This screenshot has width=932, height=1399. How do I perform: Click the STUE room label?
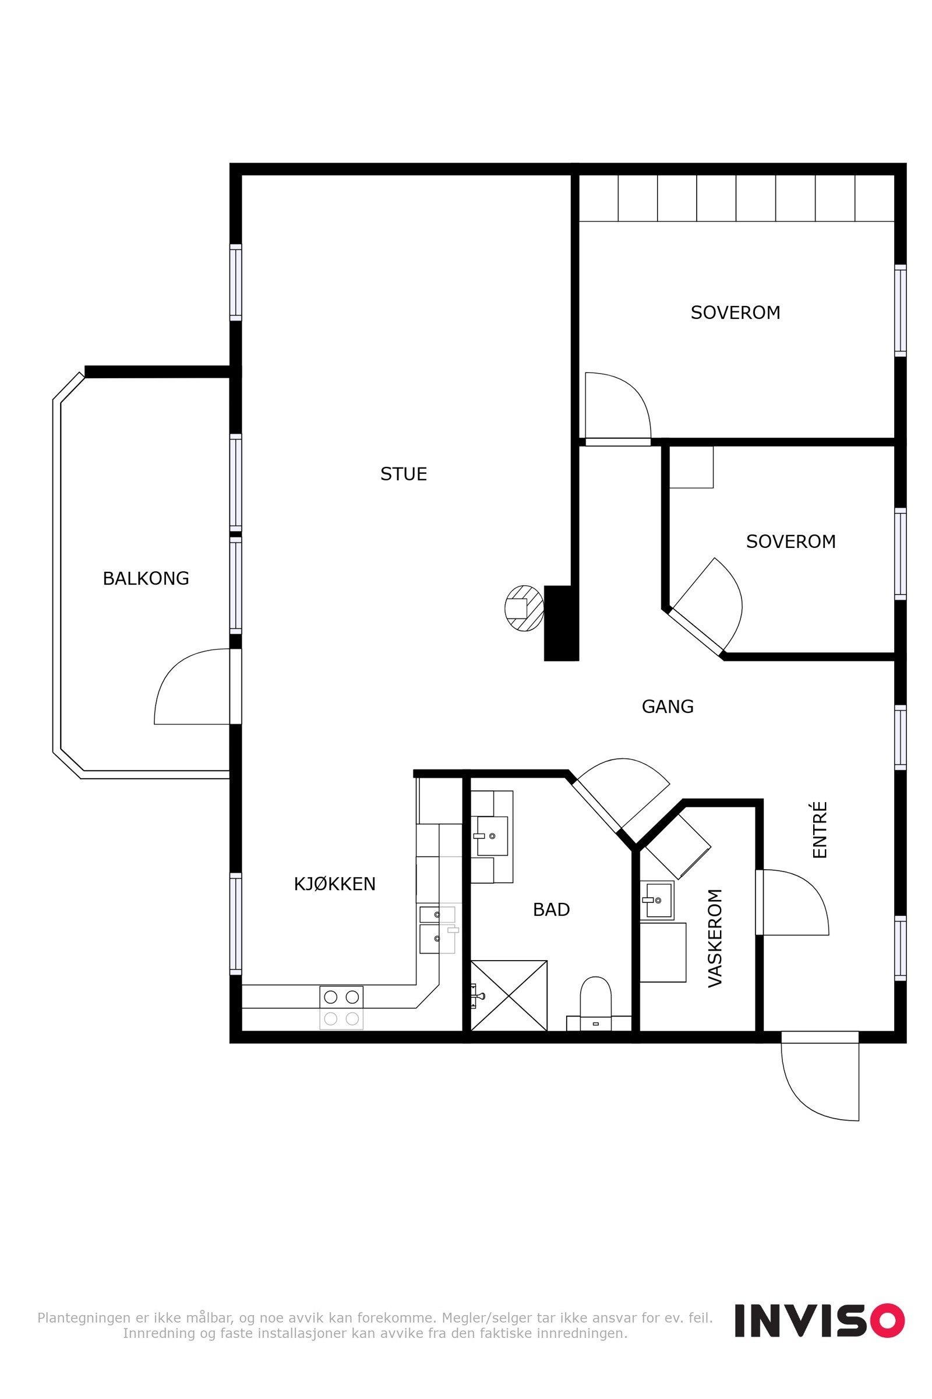point(404,474)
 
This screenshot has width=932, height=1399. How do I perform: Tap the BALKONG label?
point(146,578)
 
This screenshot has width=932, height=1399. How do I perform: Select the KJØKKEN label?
point(334,884)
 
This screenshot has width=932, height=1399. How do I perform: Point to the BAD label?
point(551,909)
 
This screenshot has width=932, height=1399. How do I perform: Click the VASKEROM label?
point(715,938)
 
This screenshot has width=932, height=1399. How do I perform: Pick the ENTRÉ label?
point(820,829)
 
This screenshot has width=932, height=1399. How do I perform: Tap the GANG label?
point(668,706)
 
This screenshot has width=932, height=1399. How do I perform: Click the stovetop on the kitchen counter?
point(341,1008)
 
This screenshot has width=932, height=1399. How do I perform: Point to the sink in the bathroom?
point(492,836)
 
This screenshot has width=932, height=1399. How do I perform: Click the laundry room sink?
point(657,900)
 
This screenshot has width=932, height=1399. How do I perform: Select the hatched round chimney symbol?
point(524,608)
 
